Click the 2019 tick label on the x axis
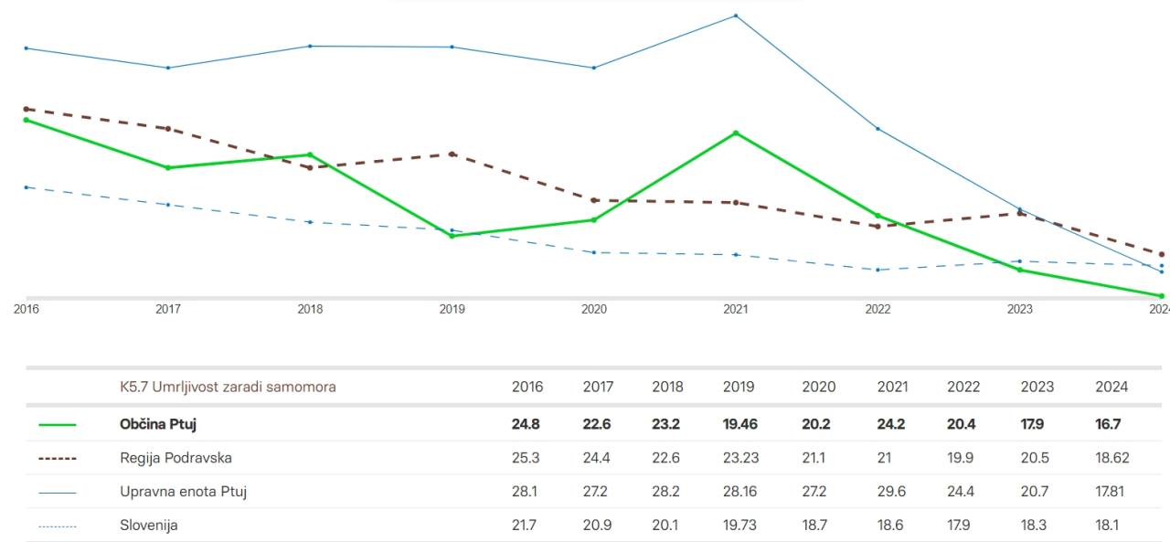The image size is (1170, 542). tap(452, 309)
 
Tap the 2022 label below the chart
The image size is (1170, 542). tap(877, 309)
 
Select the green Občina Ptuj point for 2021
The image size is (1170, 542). tap(736, 133)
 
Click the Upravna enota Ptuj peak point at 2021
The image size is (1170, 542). tap(736, 16)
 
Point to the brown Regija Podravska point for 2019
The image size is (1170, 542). tap(452, 154)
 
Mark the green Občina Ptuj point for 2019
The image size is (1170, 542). tap(452, 236)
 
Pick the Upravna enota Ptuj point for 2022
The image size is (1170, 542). tap(877, 129)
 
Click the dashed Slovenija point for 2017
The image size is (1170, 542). tap(168, 205)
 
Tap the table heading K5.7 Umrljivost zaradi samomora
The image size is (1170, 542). tap(228, 387)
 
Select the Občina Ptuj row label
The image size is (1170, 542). tap(158, 424)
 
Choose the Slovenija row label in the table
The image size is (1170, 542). tap(148, 526)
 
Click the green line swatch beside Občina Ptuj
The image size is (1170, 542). tap(58, 425)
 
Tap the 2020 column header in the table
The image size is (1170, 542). tap(818, 387)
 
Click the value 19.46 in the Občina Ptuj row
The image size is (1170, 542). tap(739, 424)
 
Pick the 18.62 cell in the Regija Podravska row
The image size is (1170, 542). tap(1111, 458)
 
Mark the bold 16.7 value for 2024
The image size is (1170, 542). tap(1108, 424)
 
